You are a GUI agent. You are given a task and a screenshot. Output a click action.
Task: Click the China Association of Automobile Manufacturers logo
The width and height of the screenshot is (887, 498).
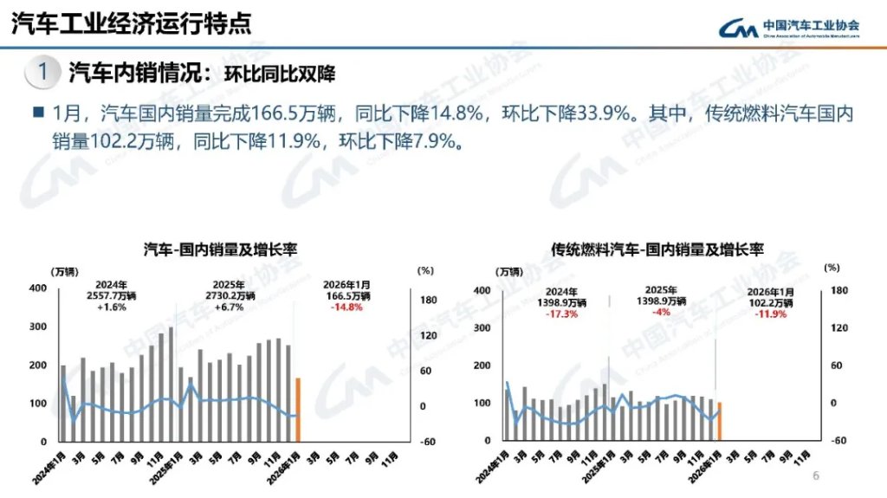pyautogui.click(x=789, y=27)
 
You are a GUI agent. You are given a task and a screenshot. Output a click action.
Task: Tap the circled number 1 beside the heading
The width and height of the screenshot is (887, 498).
pyautogui.click(x=42, y=73)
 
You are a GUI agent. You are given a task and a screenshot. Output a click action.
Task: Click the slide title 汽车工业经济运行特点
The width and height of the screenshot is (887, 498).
pyautogui.click(x=130, y=23)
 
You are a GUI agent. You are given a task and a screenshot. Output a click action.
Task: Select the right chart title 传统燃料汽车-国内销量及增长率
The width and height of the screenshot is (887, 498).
pyautogui.click(x=657, y=249)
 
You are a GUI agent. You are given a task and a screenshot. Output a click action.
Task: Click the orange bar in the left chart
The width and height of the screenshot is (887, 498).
pyautogui.click(x=298, y=409)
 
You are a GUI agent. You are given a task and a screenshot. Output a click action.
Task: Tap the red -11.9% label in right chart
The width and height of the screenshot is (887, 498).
pyautogui.click(x=770, y=314)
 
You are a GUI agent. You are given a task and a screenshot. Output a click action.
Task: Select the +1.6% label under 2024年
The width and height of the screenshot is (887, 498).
pyautogui.click(x=112, y=307)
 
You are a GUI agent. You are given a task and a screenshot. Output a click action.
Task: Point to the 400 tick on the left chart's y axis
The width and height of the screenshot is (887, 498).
pyautogui.click(x=37, y=288)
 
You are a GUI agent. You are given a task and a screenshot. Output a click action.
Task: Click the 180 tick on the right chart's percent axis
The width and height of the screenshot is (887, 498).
pyautogui.click(x=837, y=291)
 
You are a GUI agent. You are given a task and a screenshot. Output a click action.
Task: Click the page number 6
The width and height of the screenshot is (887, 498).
pyautogui.click(x=815, y=475)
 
